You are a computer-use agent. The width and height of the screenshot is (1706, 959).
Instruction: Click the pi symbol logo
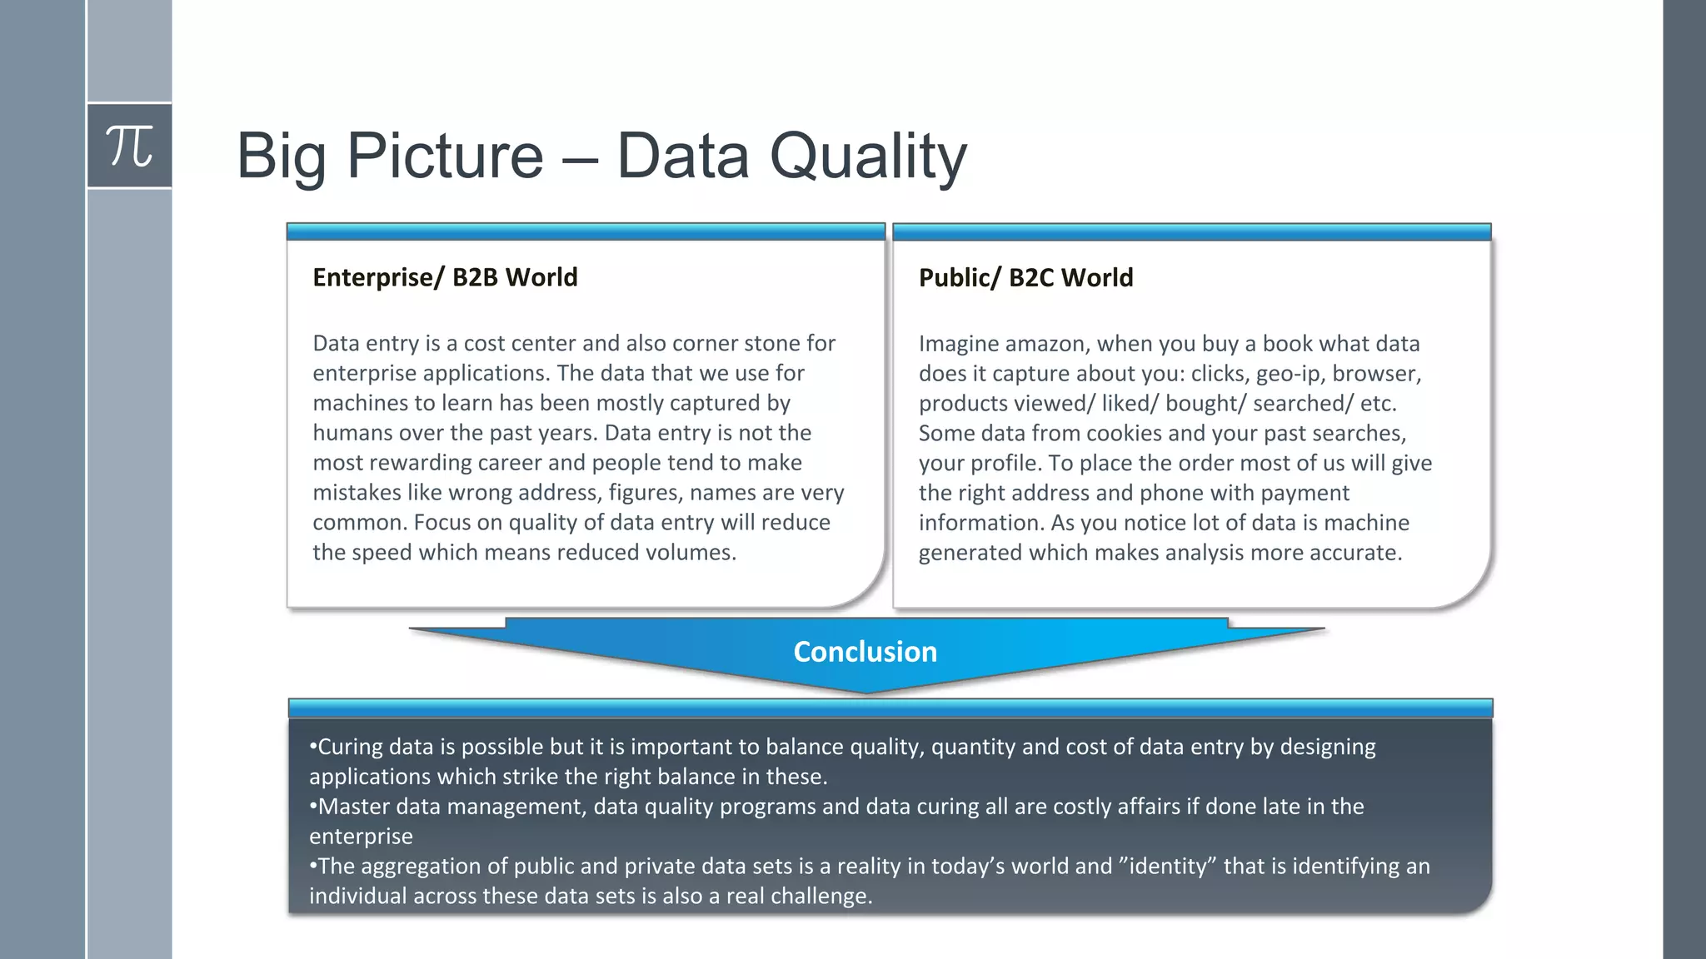(x=129, y=147)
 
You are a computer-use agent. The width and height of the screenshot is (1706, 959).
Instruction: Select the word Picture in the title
(x=445, y=157)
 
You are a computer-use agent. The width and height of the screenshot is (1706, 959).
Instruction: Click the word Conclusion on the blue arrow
(x=865, y=652)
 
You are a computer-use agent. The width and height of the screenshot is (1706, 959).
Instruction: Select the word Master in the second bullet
(x=353, y=807)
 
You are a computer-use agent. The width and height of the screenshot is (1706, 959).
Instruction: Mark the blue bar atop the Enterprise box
(x=586, y=231)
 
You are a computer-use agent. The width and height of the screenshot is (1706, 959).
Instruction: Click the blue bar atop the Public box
(x=1191, y=231)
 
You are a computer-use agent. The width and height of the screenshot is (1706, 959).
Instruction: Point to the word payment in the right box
(x=1304, y=493)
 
